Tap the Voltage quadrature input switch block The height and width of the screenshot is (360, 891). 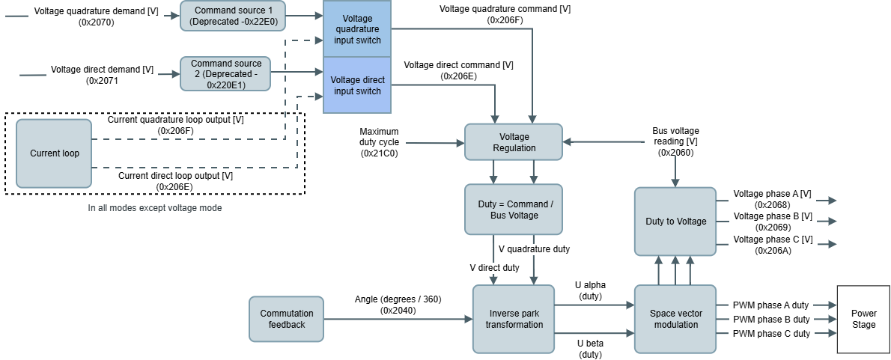point(356,29)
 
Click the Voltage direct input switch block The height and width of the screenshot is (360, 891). point(356,85)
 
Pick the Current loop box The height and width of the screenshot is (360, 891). point(55,153)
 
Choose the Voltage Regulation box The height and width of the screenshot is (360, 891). point(514,142)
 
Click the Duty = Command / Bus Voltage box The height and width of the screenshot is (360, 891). point(514,210)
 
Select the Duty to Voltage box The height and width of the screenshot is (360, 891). point(675,222)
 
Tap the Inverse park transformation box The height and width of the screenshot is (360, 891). point(514,319)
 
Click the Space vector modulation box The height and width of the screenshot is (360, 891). point(675,319)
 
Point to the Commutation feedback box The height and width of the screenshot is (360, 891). point(287,319)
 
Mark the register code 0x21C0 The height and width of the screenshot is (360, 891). point(379,153)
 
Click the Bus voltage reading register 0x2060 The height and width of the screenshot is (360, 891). point(675,153)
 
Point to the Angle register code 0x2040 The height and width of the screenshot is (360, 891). point(398,310)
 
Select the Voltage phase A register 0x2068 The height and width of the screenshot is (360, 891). point(772,204)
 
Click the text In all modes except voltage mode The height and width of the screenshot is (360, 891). point(154,208)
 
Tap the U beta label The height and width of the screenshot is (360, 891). point(590,344)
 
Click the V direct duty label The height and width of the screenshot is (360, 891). point(494,267)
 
